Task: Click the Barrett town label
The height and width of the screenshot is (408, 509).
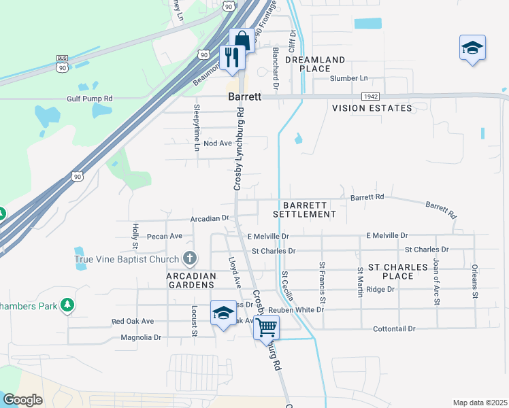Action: pos(244,97)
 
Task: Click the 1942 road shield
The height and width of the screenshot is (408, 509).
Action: pos(370,97)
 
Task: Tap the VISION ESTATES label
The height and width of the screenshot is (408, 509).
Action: pos(372,108)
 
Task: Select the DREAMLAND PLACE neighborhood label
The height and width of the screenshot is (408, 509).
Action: pos(315,64)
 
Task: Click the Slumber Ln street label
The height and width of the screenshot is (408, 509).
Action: pos(348,78)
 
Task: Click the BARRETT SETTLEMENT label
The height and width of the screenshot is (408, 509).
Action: pos(305,209)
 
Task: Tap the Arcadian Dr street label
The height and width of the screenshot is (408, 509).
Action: pos(212,218)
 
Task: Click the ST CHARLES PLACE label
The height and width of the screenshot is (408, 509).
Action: pos(398,271)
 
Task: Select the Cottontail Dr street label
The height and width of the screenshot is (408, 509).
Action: pos(394,328)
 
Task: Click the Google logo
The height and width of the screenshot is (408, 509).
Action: pos(22,400)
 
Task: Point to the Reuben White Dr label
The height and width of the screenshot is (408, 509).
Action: pos(296,309)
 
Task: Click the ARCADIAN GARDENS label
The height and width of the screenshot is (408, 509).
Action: pos(191,281)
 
